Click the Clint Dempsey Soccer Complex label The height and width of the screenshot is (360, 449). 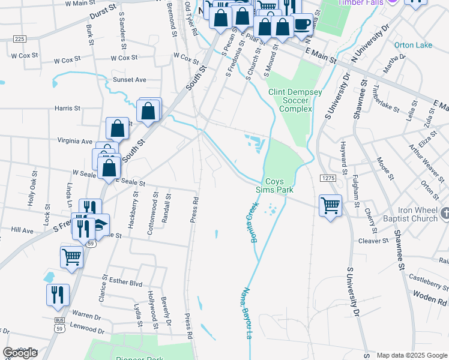(295, 101)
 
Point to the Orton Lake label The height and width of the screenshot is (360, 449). (412, 45)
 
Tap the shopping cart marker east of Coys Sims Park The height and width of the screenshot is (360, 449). (330, 206)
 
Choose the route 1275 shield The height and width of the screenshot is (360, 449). (327, 178)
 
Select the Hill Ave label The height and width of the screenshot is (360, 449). (22, 230)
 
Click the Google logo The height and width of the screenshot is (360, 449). (20, 353)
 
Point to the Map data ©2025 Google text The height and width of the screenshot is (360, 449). (412, 355)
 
